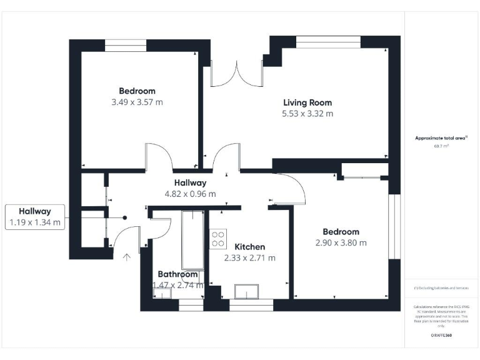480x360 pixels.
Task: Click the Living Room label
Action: point(307,102)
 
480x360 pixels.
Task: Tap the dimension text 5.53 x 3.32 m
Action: point(307,114)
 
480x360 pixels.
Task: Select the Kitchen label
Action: point(249,247)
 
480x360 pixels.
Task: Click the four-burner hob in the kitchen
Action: point(218,238)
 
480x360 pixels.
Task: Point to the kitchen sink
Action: point(247,292)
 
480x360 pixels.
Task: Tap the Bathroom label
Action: point(177,274)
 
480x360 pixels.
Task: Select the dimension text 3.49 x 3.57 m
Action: point(137,102)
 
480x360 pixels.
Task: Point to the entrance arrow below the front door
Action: point(127,257)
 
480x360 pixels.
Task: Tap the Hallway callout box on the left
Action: point(35,216)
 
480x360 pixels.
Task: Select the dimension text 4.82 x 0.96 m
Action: point(190,194)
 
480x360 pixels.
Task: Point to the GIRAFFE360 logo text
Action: point(441,336)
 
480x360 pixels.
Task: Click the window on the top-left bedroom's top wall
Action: point(126,45)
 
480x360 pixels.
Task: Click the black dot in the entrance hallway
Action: point(125,218)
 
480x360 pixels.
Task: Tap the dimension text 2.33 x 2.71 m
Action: point(249,257)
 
